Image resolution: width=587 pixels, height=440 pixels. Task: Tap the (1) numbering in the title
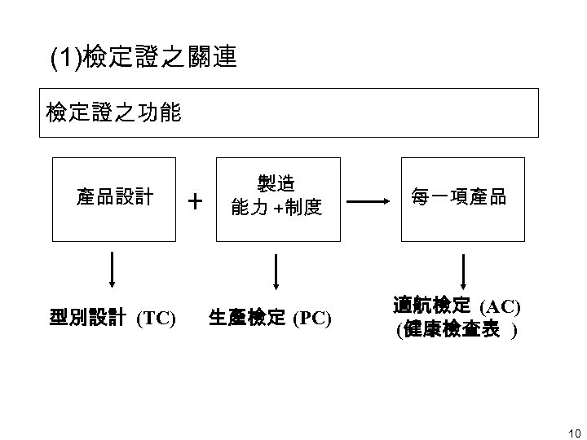coord(61,58)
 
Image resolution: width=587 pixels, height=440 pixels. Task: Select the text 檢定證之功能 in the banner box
coord(113,112)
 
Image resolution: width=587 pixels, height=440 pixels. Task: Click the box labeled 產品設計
coord(114,198)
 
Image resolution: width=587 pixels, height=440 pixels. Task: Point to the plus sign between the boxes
coord(195,200)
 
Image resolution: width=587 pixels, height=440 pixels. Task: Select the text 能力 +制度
coord(276,209)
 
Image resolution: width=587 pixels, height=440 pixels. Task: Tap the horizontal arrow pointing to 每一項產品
coord(373,200)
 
